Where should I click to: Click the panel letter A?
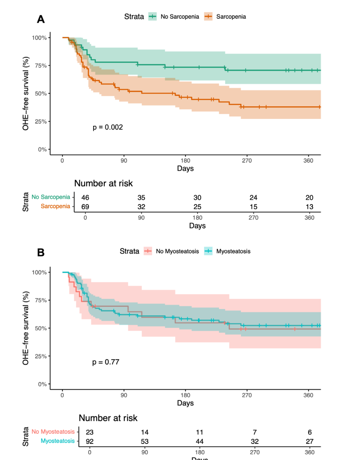click(41, 19)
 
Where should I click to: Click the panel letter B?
click(41, 252)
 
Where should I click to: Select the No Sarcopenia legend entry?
click(174, 17)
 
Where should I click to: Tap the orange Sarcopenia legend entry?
click(225, 17)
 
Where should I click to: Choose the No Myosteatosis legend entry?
click(171, 251)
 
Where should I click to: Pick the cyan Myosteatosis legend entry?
click(228, 251)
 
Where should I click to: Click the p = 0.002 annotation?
click(108, 127)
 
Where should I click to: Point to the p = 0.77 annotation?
click(105, 362)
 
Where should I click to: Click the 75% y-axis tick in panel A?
click(41, 66)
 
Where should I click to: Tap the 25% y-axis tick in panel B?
click(41, 356)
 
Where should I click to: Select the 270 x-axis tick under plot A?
click(247, 161)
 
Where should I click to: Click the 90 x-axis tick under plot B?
click(124, 395)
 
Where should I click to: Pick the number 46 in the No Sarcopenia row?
click(85, 197)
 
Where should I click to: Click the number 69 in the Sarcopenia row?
click(85, 207)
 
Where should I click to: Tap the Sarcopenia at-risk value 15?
click(253, 207)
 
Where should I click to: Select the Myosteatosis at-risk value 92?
click(89, 442)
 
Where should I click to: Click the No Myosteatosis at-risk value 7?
click(255, 432)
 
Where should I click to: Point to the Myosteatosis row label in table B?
click(57, 441)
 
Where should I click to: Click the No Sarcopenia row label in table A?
click(51, 197)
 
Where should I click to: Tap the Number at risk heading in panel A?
click(103, 183)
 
